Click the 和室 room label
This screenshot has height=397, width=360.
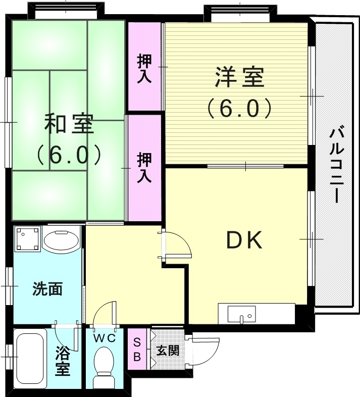coord(69,124)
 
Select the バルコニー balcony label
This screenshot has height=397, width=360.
coord(336,165)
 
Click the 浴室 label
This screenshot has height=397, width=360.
coord(63,360)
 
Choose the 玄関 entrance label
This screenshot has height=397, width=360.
coord(167,350)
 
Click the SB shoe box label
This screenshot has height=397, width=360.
coord(137,350)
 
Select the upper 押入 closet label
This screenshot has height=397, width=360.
coord(144,67)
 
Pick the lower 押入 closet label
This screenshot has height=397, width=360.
coord(144,168)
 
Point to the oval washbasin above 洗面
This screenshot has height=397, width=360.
coord(61,240)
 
